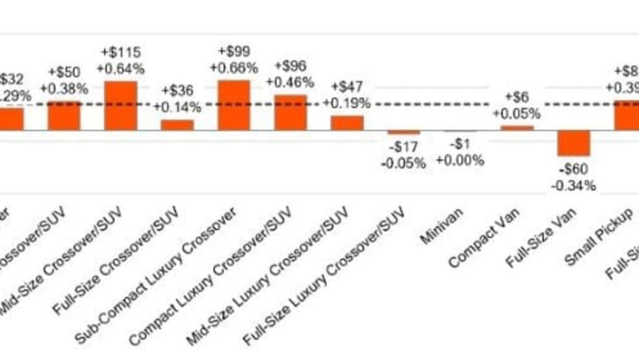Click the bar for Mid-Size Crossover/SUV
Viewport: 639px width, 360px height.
[121, 106]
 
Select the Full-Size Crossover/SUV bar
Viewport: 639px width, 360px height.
[177, 125]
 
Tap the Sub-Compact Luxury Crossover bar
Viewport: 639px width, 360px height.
[233, 105]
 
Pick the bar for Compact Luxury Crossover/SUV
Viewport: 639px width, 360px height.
[290, 112]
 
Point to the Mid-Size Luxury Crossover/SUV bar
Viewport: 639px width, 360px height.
[347, 123]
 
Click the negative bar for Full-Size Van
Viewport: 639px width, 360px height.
[573, 143]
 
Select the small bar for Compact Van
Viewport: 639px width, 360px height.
[516, 128]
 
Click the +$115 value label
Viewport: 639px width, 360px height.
[121, 52]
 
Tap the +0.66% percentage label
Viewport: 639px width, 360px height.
[234, 68]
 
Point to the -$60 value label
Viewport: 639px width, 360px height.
[573, 171]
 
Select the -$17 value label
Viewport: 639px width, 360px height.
[404, 148]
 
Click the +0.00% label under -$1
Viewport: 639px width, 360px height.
[460, 160]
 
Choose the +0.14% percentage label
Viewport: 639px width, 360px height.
[177, 107]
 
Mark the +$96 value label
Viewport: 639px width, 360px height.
[290, 67]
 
